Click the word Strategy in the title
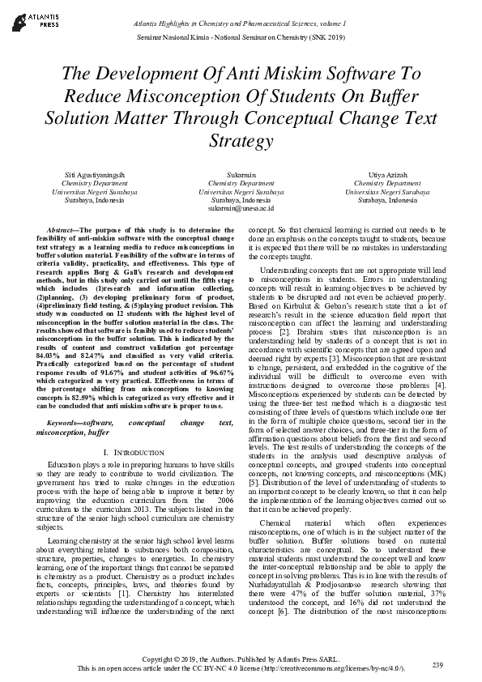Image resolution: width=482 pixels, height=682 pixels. click(x=241, y=141)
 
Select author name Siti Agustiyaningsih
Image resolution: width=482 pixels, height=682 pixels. click(x=100, y=176)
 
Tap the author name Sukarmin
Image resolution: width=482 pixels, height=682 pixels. click(x=241, y=176)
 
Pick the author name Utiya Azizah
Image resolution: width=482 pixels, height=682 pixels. click(x=381, y=176)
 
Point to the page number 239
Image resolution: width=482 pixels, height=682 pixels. click(x=438, y=665)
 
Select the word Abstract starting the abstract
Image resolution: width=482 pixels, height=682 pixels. click(x=62, y=230)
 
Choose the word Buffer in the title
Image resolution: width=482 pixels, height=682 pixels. click(x=371, y=96)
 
